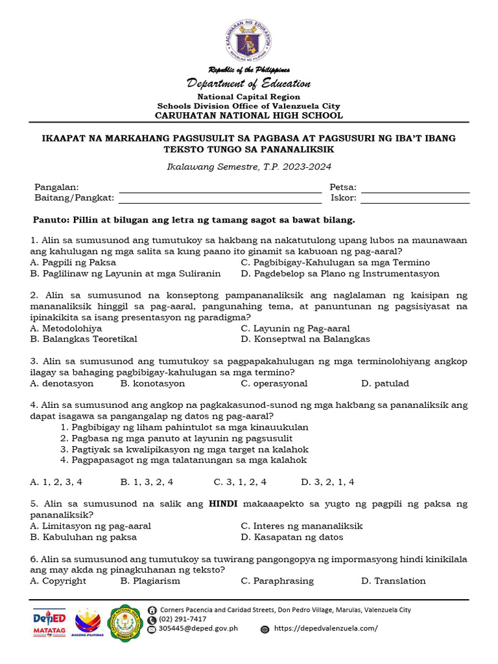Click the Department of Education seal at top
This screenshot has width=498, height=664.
click(x=249, y=38)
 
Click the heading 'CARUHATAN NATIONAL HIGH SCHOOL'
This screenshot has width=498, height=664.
click(x=249, y=115)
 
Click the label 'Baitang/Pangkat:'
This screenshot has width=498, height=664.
click(x=74, y=198)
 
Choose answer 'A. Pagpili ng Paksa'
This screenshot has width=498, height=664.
click(x=73, y=263)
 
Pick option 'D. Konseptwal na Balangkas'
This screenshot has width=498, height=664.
click(x=305, y=339)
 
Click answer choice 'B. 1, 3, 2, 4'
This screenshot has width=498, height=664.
click(x=147, y=482)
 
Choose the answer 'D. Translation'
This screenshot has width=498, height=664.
click(x=393, y=581)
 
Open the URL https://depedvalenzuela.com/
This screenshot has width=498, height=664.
click(x=326, y=628)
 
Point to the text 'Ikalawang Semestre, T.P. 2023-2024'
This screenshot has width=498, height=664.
click(x=249, y=167)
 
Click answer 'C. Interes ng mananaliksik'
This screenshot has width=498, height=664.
click(x=301, y=526)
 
